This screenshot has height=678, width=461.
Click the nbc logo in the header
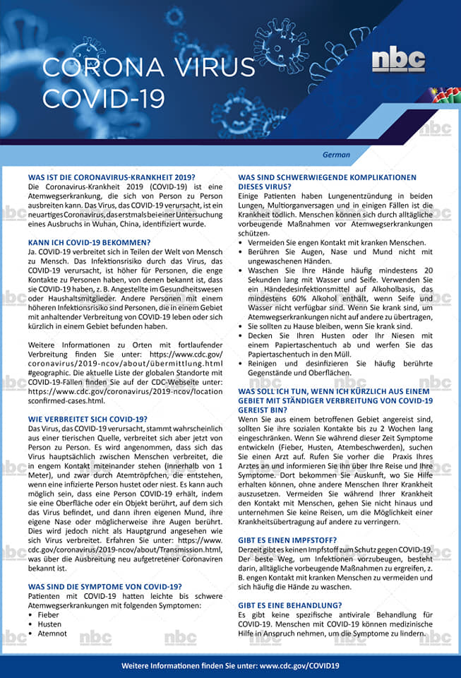pyautogui.click(x=398, y=61)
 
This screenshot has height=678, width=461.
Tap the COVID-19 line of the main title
pyautogui.click(x=103, y=97)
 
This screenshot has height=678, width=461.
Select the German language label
pyautogui.click(x=337, y=154)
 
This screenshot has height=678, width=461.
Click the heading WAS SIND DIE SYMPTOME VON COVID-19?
pyautogui.click(x=104, y=586)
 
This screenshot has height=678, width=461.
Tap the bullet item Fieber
pyautogui.click(x=49, y=614)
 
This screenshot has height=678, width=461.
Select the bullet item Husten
pyautogui.click(x=50, y=624)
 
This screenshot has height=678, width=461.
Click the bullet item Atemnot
pyautogui.click(x=52, y=634)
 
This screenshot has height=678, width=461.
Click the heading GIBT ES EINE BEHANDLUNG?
pyautogui.click(x=290, y=605)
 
